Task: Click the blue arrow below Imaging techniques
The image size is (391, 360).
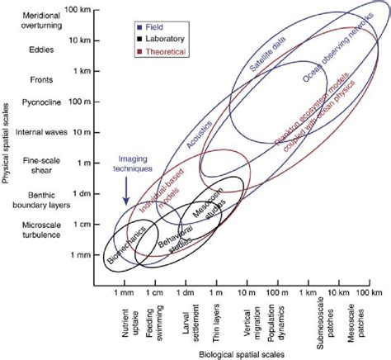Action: point(125,189)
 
